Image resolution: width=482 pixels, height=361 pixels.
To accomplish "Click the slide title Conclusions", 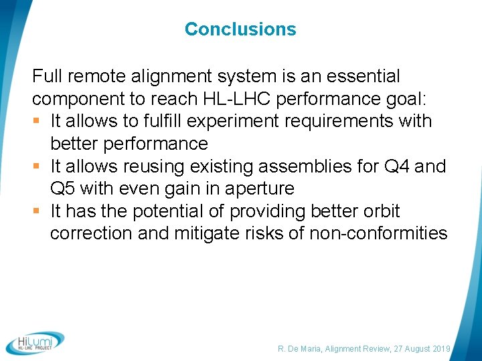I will (240, 29).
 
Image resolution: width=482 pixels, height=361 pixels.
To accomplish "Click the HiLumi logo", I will (35, 342).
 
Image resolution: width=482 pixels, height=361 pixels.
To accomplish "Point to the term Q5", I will (64, 189).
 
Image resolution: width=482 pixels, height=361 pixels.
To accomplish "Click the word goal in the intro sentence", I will (408, 99).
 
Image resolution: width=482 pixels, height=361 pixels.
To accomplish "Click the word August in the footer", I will (407, 349).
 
